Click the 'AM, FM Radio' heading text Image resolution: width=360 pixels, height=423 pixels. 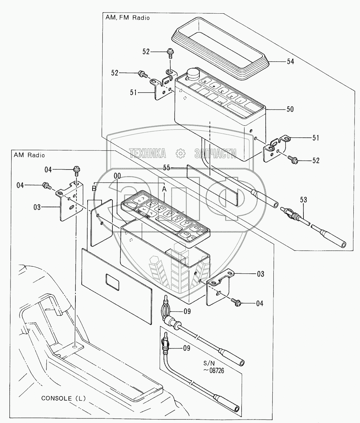tap(127, 18)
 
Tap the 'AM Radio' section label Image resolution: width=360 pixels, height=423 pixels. tap(29, 155)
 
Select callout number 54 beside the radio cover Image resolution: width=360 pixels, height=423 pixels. tap(290, 62)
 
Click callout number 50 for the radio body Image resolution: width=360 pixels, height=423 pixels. tap(290, 109)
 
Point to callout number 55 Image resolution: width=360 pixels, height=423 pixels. tap(167, 168)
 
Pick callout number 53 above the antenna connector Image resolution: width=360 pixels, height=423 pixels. tap(303, 200)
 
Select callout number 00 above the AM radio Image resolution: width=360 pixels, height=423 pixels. tap(117, 176)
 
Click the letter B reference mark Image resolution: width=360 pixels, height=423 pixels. tap(94, 188)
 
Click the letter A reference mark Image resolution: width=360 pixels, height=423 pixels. tap(164, 189)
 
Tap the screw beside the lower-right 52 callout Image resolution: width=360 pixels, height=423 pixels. tap(293, 159)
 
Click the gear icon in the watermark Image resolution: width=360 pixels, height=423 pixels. tap(181, 153)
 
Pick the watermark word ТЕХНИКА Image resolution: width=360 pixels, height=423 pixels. tap(147, 153)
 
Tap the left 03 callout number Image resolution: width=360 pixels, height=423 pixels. tap(37, 207)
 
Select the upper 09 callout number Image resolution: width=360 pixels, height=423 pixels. tap(187, 311)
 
